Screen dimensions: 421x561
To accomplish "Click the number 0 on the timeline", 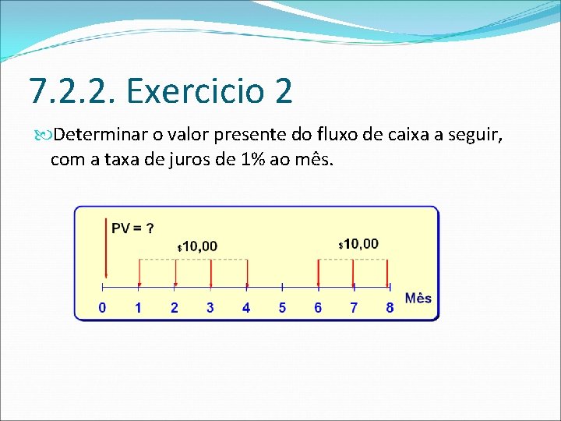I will click(x=103, y=308).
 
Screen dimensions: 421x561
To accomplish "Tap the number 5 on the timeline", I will click(x=282, y=308).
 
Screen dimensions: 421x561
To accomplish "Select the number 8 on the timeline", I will click(x=390, y=308).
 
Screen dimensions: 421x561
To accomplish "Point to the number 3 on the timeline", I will click(x=210, y=308).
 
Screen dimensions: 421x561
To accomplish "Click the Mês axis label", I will click(x=418, y=299).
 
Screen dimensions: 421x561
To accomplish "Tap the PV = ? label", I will click(x=132, y=228).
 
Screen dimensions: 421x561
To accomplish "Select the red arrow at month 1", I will click(x=139, y=273).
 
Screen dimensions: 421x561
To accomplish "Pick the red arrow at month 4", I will click(x=246, y=273).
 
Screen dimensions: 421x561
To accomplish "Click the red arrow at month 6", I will click(x=318, y=273).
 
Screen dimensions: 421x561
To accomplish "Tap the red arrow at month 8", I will click(x=390, y=273).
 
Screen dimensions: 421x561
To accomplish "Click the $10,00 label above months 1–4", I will click(x=198, y=246).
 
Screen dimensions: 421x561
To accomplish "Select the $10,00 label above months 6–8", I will click(x=358, y=244).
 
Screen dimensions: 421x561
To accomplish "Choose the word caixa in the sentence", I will click(x=403, y=136).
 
